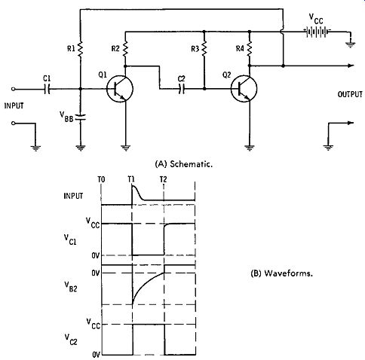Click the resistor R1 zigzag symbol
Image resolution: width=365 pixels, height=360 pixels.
(80, 49)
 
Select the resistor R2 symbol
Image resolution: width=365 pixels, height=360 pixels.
(125, 49)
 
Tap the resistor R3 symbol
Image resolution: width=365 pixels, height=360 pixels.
(204, 49)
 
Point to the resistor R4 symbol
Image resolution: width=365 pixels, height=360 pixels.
(250, 49)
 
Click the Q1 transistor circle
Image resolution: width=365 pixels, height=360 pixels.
(120, 89)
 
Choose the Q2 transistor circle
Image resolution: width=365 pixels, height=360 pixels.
(244, 89)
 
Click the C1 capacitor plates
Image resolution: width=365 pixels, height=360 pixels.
(47, 89)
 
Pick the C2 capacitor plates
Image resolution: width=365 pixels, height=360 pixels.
(182, 89)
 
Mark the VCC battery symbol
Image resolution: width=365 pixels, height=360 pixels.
(317, 32)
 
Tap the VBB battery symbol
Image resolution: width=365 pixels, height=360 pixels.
(81, 117)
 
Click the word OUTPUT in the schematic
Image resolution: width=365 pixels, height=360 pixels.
(350, 94)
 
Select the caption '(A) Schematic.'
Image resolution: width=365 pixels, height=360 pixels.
(184, 164)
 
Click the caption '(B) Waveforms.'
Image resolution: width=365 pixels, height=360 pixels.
(282, 273)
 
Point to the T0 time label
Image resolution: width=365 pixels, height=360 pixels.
(101, 179)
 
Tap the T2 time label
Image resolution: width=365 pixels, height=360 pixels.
(163, 179)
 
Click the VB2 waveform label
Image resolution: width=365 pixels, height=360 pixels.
(71, 287)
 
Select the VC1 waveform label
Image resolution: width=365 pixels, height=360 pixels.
(70, 239)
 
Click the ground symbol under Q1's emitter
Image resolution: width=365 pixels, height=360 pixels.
(126, 148)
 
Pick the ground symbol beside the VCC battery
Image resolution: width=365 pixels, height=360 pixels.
(350, 45)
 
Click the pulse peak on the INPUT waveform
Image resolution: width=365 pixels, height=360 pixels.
(133, 186)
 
